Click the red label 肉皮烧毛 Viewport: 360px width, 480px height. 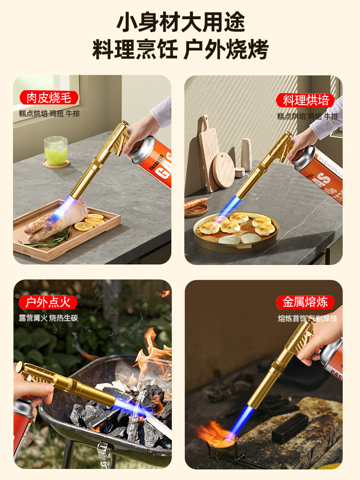tap(48, 98)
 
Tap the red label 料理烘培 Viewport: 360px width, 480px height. tap(306, 100)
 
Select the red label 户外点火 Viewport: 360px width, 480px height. tap(48, 302)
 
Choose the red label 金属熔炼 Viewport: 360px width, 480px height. tap(305, 302)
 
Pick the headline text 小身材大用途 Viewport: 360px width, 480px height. tap(180, 22)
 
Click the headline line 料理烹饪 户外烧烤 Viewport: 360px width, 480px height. tap(180, 50)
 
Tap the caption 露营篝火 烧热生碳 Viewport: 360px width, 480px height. tap(48, 318)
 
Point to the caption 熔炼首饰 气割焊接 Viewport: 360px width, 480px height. tap(308, 318)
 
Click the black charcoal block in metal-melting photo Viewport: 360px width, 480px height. tap(290, 427)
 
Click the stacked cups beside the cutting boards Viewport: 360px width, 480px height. tap(246, 155)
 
